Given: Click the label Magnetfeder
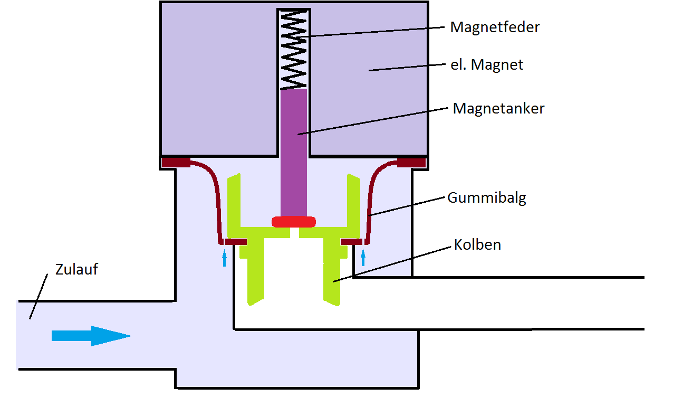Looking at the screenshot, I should [495, 27].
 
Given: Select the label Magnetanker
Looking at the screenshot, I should [498, 109].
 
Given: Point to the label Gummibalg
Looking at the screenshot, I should [486, 198].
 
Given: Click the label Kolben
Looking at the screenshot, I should [477, 245].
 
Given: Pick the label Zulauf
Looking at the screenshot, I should [76, 269].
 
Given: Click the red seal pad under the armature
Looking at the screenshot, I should [293, 221].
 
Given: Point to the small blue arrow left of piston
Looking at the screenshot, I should [224, 258].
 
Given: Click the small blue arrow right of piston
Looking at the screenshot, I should [363, 258].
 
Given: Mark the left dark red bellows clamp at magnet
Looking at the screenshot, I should [176, 162].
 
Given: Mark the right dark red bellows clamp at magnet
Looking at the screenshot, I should [411, 162].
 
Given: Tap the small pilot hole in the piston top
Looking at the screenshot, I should [294, 233].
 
